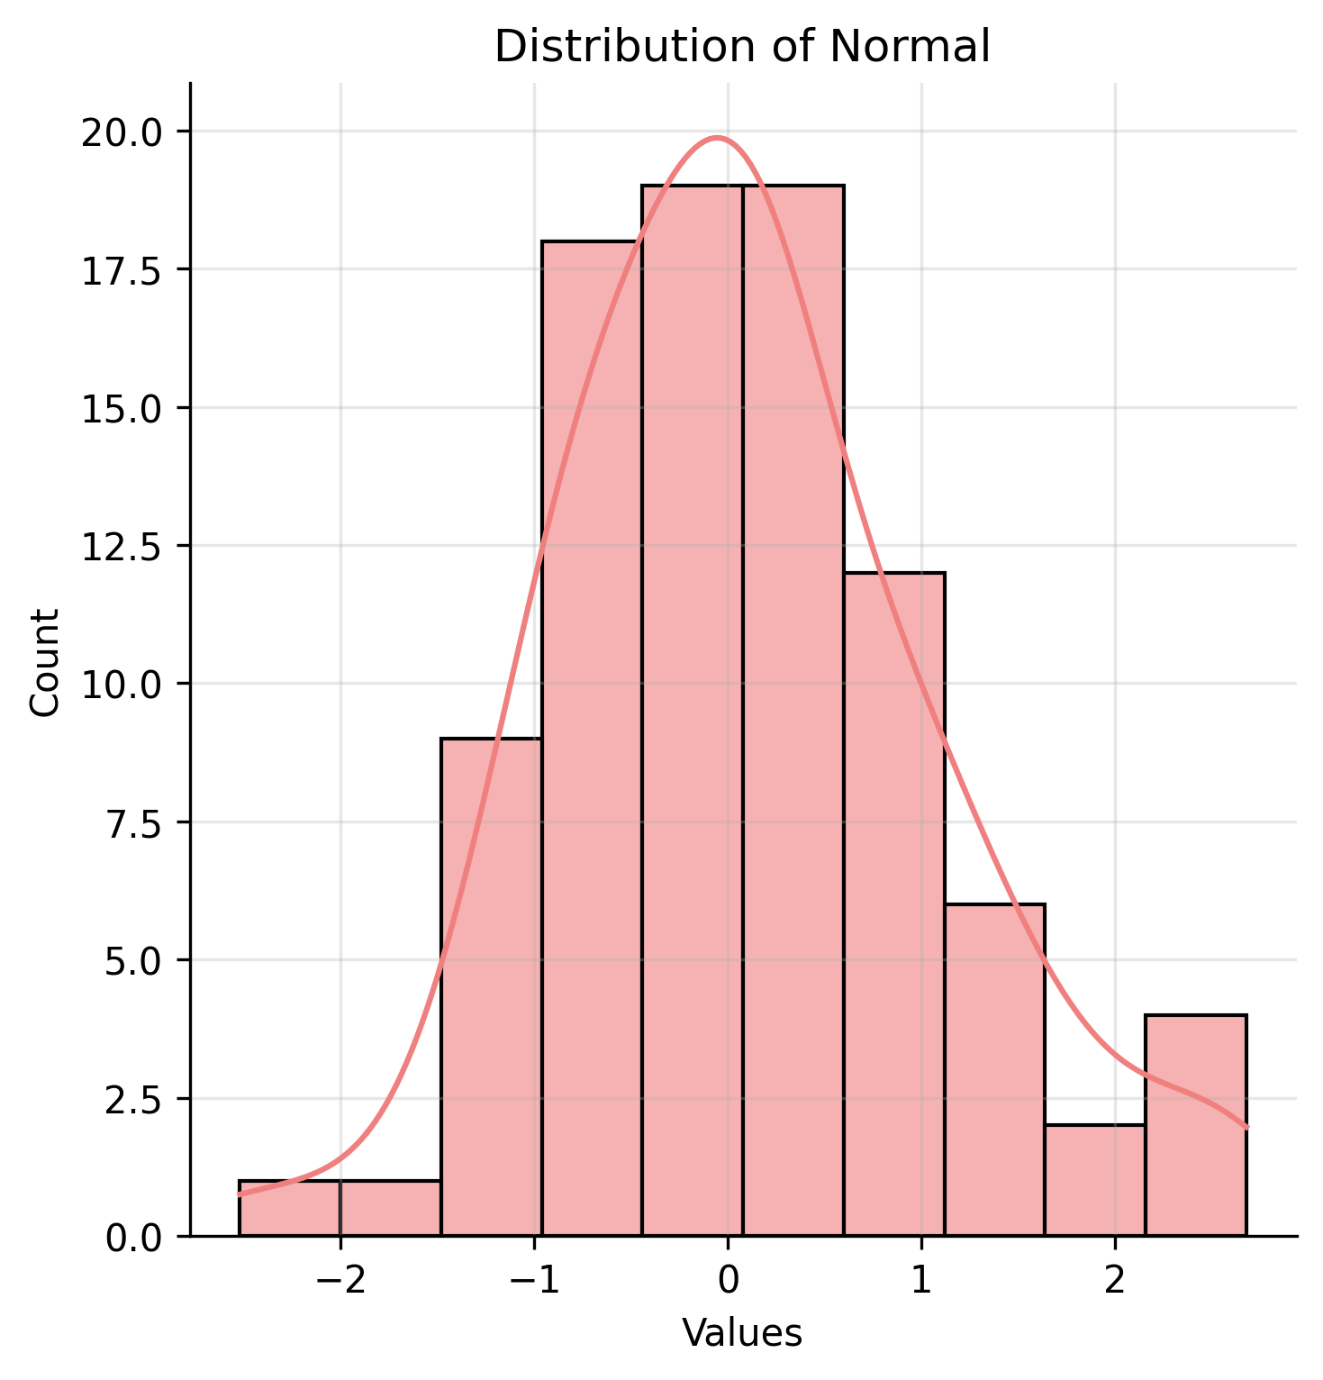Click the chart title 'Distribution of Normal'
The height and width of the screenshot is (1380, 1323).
point(742,47)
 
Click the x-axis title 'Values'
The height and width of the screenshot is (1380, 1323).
point(742,1333)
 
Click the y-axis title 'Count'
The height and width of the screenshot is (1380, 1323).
point(45,662)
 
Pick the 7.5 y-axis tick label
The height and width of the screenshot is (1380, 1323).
point(133,822)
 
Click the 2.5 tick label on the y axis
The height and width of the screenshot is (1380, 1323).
point(133,1099)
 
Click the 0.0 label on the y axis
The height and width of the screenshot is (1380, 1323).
point(133,1238)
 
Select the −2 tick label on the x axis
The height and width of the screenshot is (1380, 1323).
point(340,1279)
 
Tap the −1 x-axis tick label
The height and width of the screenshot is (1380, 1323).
point(534,1279)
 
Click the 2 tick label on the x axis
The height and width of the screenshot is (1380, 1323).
point(1115,1279)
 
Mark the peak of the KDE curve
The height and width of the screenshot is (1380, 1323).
point(717,138)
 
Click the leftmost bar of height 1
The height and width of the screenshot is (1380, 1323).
point(289,1208)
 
